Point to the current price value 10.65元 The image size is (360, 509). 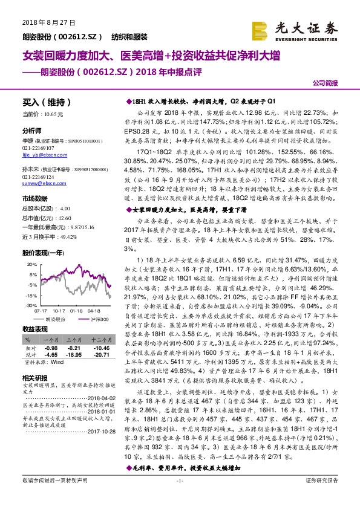coord(52,114)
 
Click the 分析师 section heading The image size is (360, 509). coord(33,131)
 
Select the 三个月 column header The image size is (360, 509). coord(73,341)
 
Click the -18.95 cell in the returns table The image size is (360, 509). coord(74,355)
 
